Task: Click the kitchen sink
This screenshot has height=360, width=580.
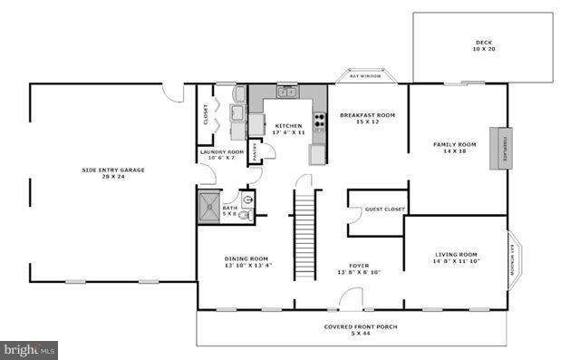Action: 286,91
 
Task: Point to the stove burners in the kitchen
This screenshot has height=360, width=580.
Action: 319,120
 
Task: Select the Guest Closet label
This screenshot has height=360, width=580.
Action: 384,210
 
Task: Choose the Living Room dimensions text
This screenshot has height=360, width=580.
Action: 456,262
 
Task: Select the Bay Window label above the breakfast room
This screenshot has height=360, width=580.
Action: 365,76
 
